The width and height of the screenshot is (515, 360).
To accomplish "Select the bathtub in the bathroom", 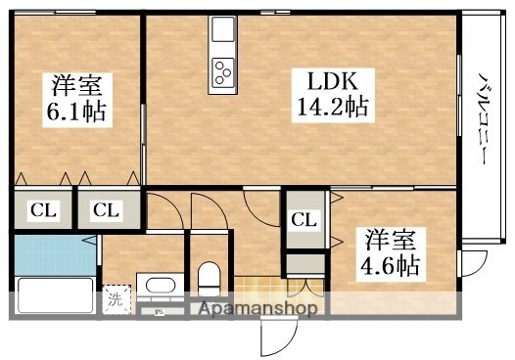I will tap(54, 296).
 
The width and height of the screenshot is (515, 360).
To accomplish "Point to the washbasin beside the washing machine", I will tap(157, 288).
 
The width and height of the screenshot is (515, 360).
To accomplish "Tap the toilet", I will tap(209, 281).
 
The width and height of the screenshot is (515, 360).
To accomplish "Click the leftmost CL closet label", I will tap(40, 208).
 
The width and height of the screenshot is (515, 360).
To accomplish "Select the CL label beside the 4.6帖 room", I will tap(304, 219).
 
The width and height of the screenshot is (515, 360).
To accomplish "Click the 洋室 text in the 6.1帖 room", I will tap(74, 85).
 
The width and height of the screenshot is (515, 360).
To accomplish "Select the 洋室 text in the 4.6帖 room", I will tap(389, 238).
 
